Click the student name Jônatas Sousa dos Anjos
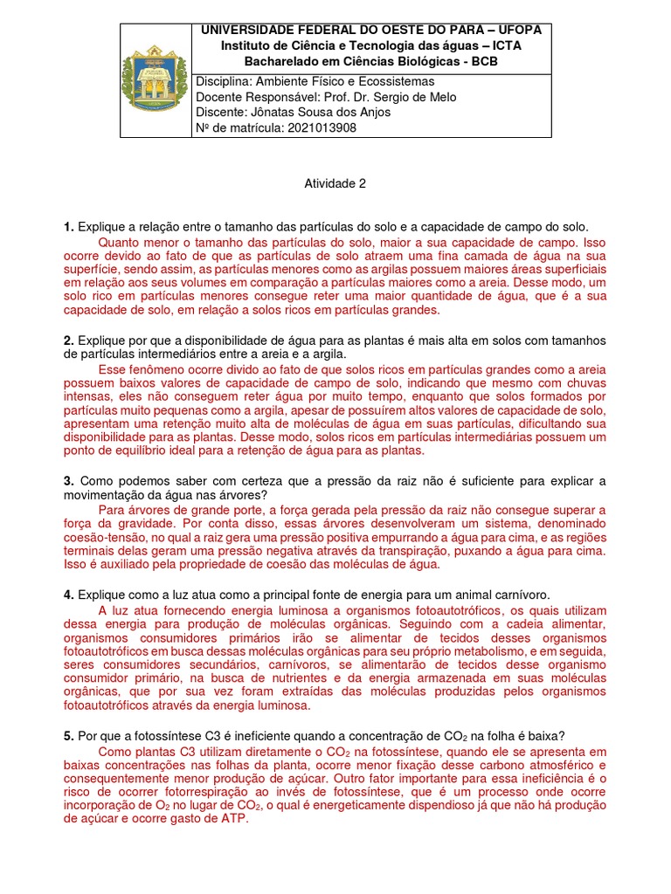coord(315,113)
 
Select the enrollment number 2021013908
coord(317,128)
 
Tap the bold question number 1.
coord(68,227)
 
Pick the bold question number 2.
coord(68,340)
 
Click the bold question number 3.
coord(68,481)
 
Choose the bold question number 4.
coord(68,594)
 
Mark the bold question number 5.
coord(68,735)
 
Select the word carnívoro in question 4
coord(521,594)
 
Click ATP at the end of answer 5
coord(233,820)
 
